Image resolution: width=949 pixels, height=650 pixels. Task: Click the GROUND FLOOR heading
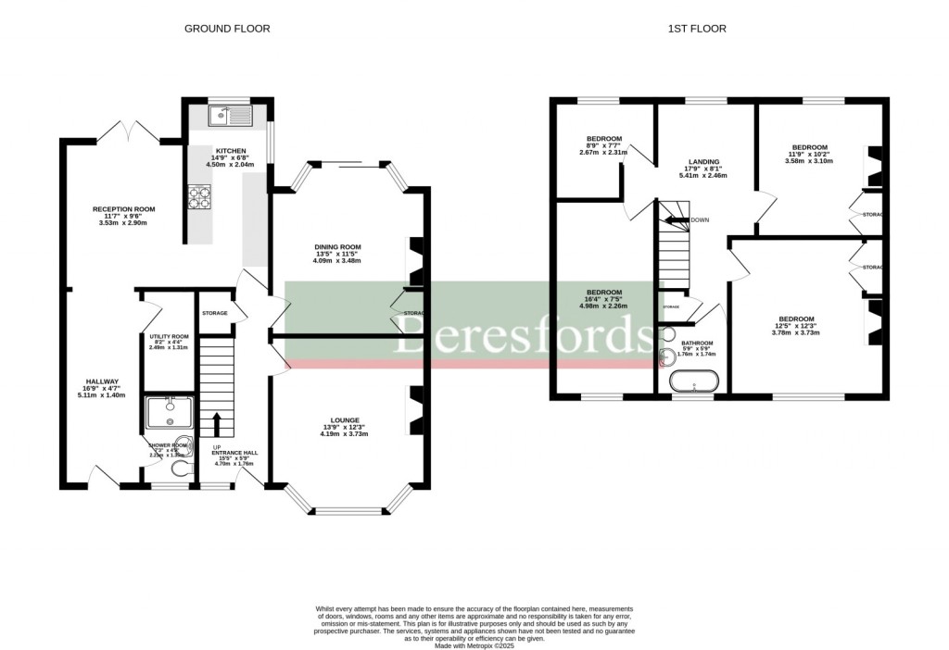tap(227, 29)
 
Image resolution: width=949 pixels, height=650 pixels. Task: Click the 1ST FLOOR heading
tap(697, 29)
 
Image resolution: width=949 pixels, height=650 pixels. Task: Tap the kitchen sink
tap(230, 115)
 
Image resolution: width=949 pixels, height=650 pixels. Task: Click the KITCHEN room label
tap(229, 150)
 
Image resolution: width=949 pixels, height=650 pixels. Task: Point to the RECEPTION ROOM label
tap(123, 209)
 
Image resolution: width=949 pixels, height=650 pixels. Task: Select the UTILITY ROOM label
tap(169, 336)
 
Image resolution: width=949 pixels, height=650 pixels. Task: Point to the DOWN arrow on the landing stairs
tap(682, 220)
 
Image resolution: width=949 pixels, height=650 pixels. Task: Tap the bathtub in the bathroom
tap(693, 382)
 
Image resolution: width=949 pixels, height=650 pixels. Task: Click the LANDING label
tap(702, 162)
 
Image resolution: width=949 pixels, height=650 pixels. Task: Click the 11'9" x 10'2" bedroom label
tap(809, 147)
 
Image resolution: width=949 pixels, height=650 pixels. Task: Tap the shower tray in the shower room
tap(169, 411)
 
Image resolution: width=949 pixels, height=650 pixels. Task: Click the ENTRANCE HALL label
tap(236, 454)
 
